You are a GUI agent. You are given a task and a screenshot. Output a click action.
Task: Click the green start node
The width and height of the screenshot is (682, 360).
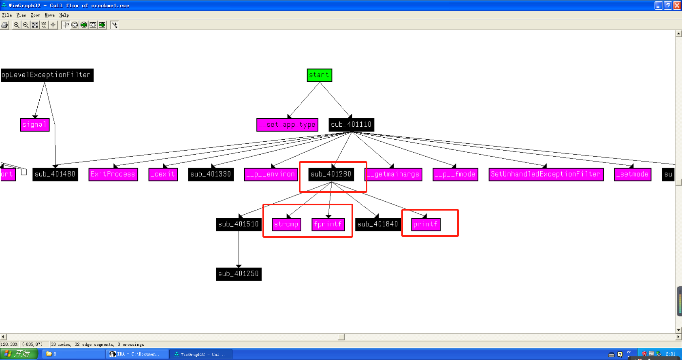319,75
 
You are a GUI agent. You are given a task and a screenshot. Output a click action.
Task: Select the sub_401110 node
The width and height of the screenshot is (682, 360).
351,125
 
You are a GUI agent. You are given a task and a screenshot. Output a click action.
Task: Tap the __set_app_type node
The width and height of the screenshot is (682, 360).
287,125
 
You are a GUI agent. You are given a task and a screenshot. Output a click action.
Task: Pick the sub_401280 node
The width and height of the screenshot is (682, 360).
331,174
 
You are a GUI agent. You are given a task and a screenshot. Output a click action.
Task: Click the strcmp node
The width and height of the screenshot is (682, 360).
286,224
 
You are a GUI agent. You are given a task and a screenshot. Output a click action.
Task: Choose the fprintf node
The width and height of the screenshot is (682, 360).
328,224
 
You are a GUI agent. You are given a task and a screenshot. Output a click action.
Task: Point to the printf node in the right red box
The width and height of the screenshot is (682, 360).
426,224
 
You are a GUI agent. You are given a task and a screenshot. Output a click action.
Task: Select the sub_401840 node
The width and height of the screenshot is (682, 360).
377,224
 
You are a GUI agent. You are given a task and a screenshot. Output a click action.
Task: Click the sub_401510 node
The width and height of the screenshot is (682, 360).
238,224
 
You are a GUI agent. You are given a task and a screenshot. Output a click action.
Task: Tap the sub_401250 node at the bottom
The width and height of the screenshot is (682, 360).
238,274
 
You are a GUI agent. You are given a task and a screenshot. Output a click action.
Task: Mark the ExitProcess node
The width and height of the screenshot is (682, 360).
113,174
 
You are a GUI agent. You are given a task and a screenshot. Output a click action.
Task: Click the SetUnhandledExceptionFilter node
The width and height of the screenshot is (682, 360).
546,174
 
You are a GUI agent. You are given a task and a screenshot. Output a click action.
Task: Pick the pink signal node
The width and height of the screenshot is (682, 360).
35,125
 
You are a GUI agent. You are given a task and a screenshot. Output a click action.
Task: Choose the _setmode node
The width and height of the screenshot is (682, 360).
632,174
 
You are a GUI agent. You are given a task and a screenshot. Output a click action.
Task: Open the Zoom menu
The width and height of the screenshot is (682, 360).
35,15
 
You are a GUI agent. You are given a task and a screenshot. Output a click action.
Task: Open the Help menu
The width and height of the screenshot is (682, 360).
64,15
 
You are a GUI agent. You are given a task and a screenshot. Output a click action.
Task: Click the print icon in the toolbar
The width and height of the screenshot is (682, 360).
4,25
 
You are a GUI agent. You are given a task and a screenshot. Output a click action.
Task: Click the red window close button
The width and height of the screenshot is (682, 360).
677,5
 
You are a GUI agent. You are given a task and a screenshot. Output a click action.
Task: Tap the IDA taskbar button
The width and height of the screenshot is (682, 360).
136,354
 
